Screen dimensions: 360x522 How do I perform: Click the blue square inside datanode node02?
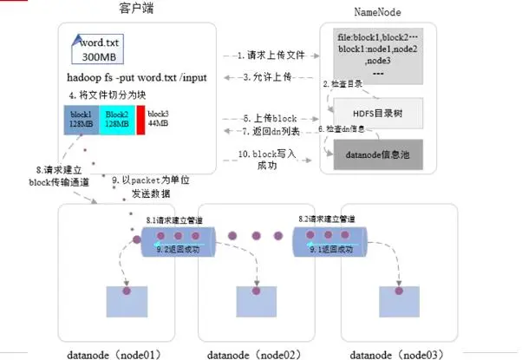257,299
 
